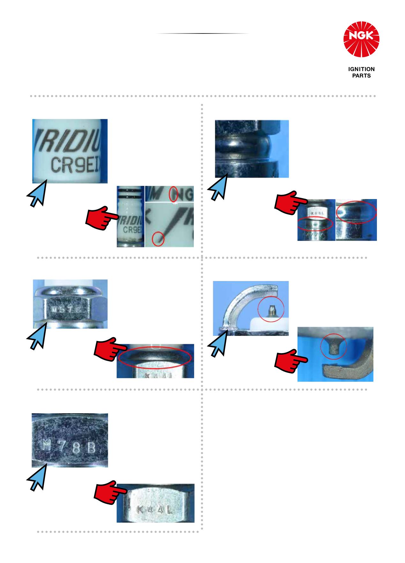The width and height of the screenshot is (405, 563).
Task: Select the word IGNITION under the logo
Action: [361, 69]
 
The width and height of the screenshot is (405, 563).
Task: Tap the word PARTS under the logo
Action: [361, 76]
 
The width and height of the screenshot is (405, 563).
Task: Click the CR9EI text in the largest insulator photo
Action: [76, 166]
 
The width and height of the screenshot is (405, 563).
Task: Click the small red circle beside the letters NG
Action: [174, 194]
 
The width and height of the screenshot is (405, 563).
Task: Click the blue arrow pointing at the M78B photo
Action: [35, 478]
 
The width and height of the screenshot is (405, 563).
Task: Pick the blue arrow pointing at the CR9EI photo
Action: [36, 195]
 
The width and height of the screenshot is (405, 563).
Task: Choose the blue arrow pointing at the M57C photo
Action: [36, 338]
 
